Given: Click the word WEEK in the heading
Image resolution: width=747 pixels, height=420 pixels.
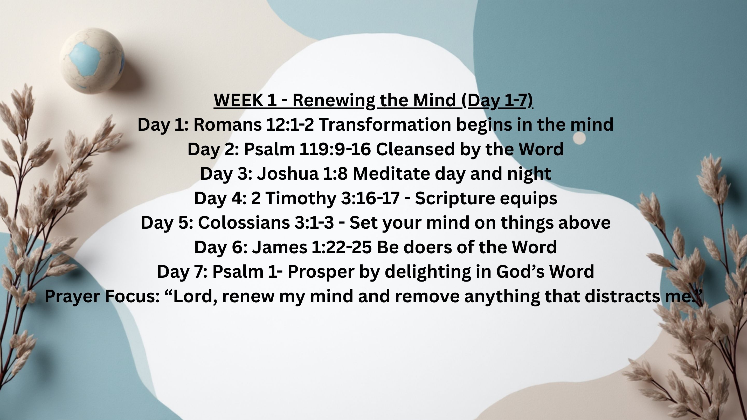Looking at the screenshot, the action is (x=238, y=100).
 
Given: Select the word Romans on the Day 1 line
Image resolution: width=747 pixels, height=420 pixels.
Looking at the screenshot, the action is (x=227, y=125).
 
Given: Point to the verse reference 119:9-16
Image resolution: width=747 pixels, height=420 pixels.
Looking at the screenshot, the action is (x=335, y=149).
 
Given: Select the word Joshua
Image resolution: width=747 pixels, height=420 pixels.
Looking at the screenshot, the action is (x=288, y=174).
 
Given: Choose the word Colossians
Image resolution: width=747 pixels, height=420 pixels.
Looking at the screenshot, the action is (x=244, y=223).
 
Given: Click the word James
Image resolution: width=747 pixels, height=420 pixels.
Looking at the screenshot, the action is (x=280, y=248).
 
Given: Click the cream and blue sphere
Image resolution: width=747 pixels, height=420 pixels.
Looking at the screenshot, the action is (x=92, y=61).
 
